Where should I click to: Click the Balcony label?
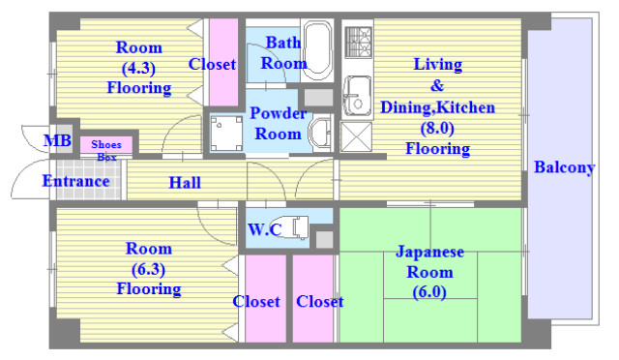[x=564, y=167]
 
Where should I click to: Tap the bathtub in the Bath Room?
[x=317, y=50]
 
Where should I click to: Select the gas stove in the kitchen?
[x=357, y=45]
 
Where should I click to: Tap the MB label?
[x=57, y=142]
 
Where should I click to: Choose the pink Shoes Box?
[x=105, y=147]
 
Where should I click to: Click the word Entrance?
[x=75, y=181]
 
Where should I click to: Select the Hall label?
[x=185, y=182]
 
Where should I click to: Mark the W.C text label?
[x=265, y=229]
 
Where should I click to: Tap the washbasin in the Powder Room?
[x=319, y=132]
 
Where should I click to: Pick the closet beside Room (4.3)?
[x=223, y=65]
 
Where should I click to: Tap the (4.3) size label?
[x=138, y=68]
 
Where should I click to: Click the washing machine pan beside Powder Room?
[x=225, y=133]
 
